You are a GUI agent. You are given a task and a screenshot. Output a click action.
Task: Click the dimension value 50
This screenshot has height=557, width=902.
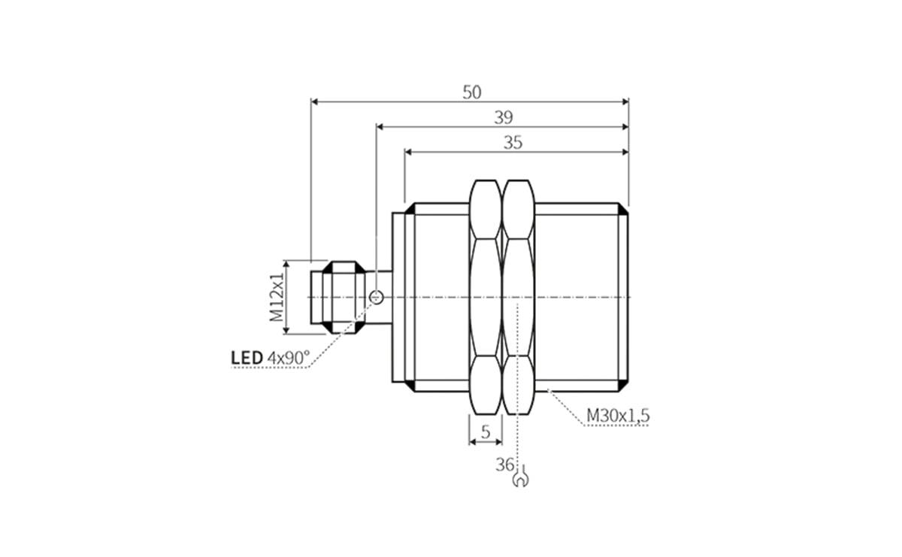(471, 92)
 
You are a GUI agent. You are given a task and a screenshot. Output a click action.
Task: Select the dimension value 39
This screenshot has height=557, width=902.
(503, 117)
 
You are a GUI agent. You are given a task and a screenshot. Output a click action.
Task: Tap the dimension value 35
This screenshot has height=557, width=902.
(513, 142)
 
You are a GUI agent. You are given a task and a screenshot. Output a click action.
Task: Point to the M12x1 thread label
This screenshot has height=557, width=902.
(278, 298)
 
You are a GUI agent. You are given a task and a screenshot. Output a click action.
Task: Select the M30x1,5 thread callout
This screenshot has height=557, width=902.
(618, 415)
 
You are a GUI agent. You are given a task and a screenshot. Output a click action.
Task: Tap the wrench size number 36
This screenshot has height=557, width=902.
(504, 465)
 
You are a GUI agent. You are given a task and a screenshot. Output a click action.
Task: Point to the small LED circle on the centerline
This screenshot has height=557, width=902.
(377, 298)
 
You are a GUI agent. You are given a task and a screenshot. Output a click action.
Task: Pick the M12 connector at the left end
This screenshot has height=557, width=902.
(331, 298)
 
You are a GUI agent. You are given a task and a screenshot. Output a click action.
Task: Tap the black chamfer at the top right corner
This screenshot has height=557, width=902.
(623, 210)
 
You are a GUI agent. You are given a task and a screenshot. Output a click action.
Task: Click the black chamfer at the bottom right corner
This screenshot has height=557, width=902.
(623, 386)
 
